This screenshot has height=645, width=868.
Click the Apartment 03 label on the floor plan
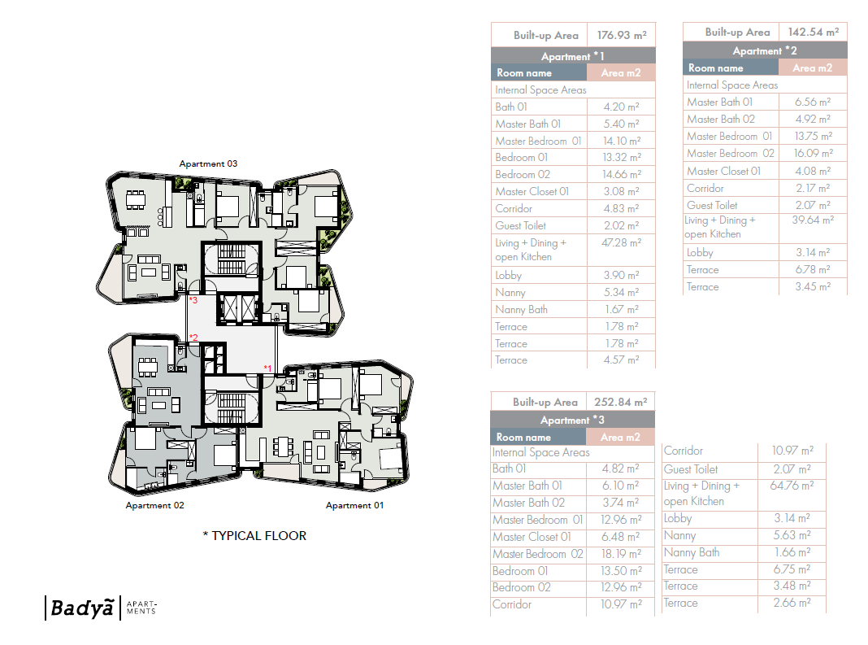[x=208, y=163]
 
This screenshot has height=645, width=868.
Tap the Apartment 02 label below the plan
[x=154, y=505]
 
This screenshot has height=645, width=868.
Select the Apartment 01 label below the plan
[x=354, y=505]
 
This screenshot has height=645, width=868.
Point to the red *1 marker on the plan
[x=268, y=368]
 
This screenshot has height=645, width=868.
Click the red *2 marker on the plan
[x=193, y=338]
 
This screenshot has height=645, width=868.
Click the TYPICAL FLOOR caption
[x=254, y=536]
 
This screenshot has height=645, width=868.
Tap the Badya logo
[x=79, y=608]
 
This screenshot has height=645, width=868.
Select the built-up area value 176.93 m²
[x=622, y=35]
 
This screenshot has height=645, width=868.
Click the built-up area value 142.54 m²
[x=813, y=32]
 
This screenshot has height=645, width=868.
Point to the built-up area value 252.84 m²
[x=622, y=402]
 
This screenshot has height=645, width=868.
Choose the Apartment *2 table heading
[x=764, y=50]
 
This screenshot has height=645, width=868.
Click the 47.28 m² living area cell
[x=622, y=242]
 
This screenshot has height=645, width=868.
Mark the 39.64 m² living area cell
[x=813, y=220]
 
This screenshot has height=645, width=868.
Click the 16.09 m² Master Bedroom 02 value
[x=813, y=153]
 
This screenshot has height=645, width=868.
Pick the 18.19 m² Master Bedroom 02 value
[x=620, y=554]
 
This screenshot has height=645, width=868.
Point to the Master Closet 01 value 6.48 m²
[x=620, y=537]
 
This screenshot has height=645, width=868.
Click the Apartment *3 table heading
[x=572, y=420]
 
